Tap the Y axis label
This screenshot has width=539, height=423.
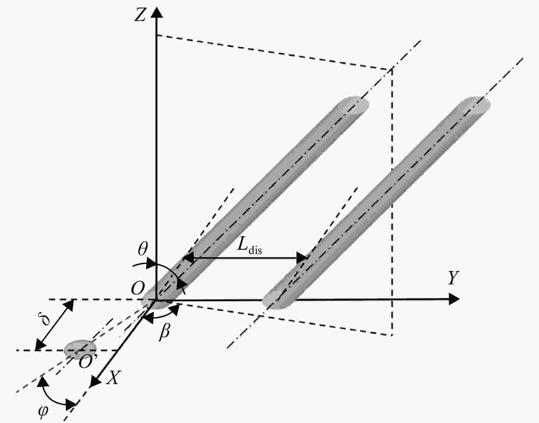click(454, 277)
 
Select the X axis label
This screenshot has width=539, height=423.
click(113, 378)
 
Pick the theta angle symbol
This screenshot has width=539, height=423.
click(142, 249)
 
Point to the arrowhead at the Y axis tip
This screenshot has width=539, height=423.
click(454, 299)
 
